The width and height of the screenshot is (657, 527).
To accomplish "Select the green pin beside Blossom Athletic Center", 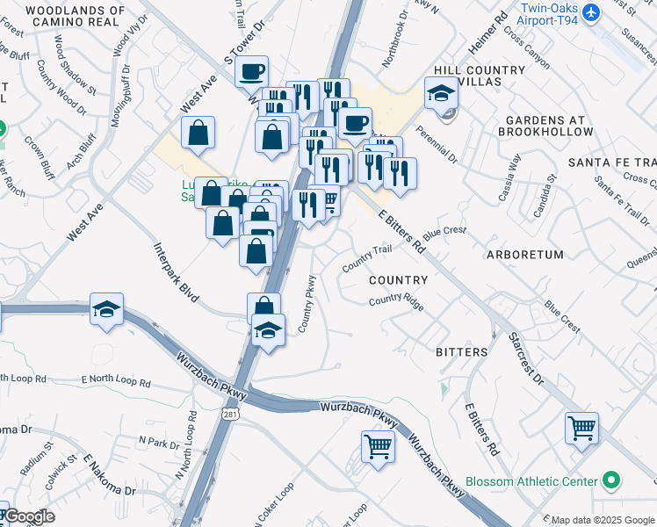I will pos(612,481).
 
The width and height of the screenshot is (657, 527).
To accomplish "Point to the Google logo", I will pos(29,516).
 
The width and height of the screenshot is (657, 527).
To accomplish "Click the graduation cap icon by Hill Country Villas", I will pos(441,92).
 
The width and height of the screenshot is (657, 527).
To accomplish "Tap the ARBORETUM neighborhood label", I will pos(523,255).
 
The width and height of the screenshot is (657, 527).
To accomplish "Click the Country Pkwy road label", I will pos(307,303).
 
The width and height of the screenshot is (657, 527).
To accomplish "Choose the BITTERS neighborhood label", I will pos(461,351).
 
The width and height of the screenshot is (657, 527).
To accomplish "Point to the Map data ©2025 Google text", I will pos(603,520).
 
